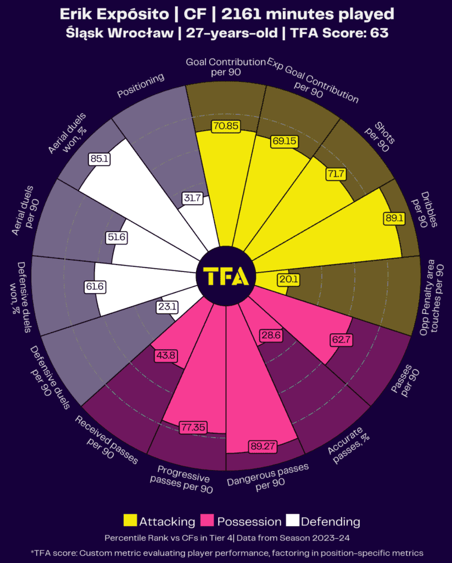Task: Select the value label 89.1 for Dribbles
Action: click(394, 218)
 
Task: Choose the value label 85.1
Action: click(98, 158)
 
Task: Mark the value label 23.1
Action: click(166, 306)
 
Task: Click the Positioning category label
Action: click(141, 86)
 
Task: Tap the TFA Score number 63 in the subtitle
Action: click(379, 32)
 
